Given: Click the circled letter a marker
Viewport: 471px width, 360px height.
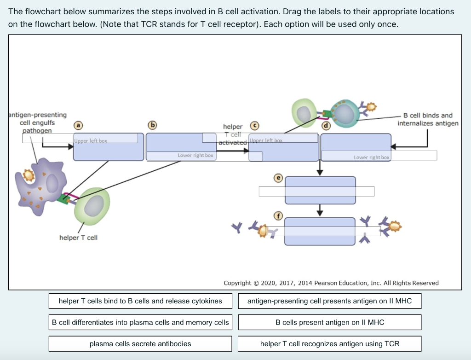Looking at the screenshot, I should [x=79, y=125].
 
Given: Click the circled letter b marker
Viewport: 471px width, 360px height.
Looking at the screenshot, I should [x=152, y=125].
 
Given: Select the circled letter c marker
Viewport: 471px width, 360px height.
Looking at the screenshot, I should [x=253, y=125].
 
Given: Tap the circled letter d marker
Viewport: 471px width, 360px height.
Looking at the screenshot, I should [x=326, y=125].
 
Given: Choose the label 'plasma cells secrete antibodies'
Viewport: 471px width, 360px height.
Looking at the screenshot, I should [x=140, y=344].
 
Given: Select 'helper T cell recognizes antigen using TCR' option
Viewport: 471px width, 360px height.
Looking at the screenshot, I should [x=329, y=344].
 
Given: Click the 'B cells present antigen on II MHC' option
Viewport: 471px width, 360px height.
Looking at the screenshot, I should [x=329, y=322].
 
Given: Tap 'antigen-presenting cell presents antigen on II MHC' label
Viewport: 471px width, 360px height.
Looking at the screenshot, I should [x=329, y=301].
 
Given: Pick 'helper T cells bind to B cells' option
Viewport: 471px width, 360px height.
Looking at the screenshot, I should [x=140, y=301].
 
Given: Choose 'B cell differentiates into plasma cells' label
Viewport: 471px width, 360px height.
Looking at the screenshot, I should [x=140, y=322].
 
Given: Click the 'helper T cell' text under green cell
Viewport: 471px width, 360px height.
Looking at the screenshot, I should [x=78, y=238].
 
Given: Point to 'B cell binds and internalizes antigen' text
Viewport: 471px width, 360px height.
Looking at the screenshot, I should [x=428, y=119].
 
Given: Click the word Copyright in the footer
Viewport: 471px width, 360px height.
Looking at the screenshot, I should [x=237, y=283].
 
